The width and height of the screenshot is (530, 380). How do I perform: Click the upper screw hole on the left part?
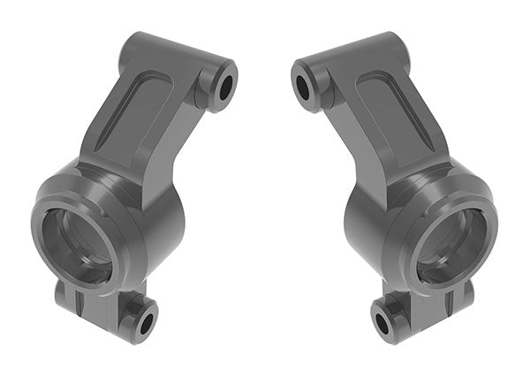click(224, 87)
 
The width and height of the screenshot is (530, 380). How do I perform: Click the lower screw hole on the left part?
click(144, 320)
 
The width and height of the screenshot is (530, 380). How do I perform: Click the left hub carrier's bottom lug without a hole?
click(71, 297)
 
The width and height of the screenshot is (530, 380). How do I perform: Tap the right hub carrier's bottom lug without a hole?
click(459, 297)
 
